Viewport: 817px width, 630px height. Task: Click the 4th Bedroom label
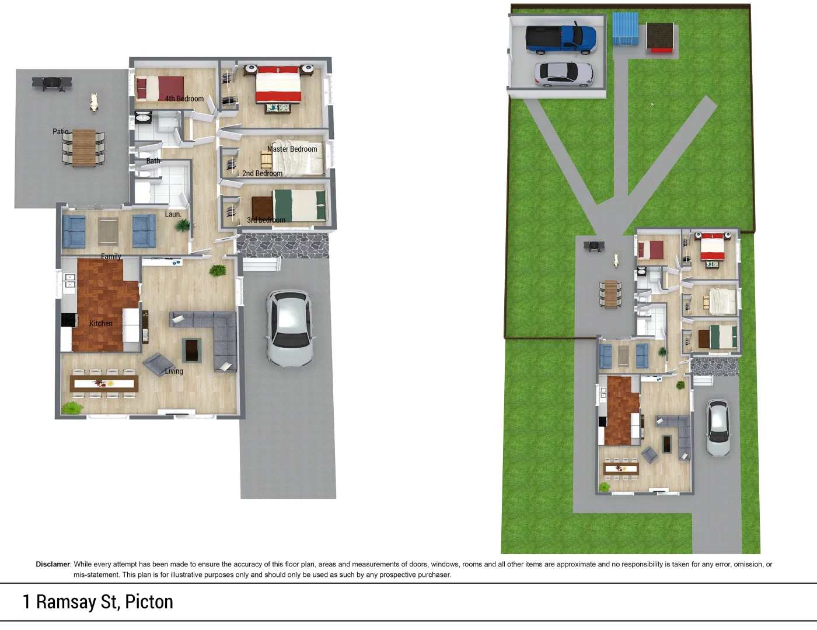coord(184,99)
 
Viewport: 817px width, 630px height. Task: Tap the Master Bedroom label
coord(292,149)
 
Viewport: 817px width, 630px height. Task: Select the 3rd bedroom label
coord(266,220)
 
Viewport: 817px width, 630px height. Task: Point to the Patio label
coord(60,131)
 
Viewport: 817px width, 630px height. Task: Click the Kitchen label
coord(100,323)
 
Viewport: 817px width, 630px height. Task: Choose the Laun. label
coord(173,214)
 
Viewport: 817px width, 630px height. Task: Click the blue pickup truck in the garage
coord(561,38)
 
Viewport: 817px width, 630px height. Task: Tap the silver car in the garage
coord(564,74)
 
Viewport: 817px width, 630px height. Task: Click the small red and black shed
coord(660,38)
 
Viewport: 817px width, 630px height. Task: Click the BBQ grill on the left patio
coord(52,83)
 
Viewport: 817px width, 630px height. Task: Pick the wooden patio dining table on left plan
coord(84,148)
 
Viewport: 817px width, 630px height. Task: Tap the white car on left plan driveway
coord(289,328)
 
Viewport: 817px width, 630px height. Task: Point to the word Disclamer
coord(53,564)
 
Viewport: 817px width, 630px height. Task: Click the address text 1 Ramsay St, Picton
coord(98,602)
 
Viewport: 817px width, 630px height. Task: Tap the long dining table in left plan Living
coord(104,383)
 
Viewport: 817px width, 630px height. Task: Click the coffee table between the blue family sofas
coord(109,231)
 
